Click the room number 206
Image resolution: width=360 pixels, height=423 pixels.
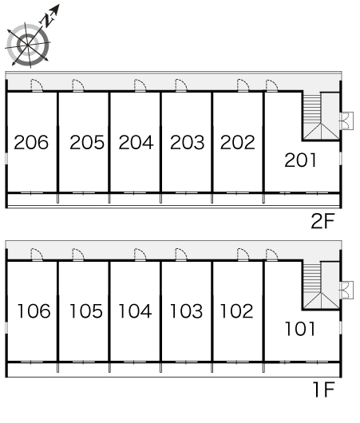pos(31,142)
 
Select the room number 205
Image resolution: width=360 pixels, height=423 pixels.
pos(87,142)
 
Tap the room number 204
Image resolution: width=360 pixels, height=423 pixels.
pos(136,142)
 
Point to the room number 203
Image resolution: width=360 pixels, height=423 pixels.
pos(188,142)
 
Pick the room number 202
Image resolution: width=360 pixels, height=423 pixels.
pos(238,142)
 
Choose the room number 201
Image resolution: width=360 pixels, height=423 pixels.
pos(300,160)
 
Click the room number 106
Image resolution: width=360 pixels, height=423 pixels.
pos(34,310)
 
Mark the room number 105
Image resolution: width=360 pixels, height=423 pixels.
pos(86,310)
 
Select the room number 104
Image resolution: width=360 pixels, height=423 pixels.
pos(135,310)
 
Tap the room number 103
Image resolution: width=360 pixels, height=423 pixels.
pos(187,310)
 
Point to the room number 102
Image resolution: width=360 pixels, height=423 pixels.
pos(237,310)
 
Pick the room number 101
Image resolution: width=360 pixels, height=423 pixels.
pos(300,329)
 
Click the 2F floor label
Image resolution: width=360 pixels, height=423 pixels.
pos(322,221)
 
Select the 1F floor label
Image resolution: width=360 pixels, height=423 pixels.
pos(324,389)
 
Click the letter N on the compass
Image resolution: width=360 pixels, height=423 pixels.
pos(47,20)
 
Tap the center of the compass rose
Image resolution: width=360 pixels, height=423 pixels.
pos(28,45)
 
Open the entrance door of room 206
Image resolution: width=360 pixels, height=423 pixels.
pos(37,85)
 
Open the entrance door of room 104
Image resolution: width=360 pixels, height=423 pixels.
pos(140,255)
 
